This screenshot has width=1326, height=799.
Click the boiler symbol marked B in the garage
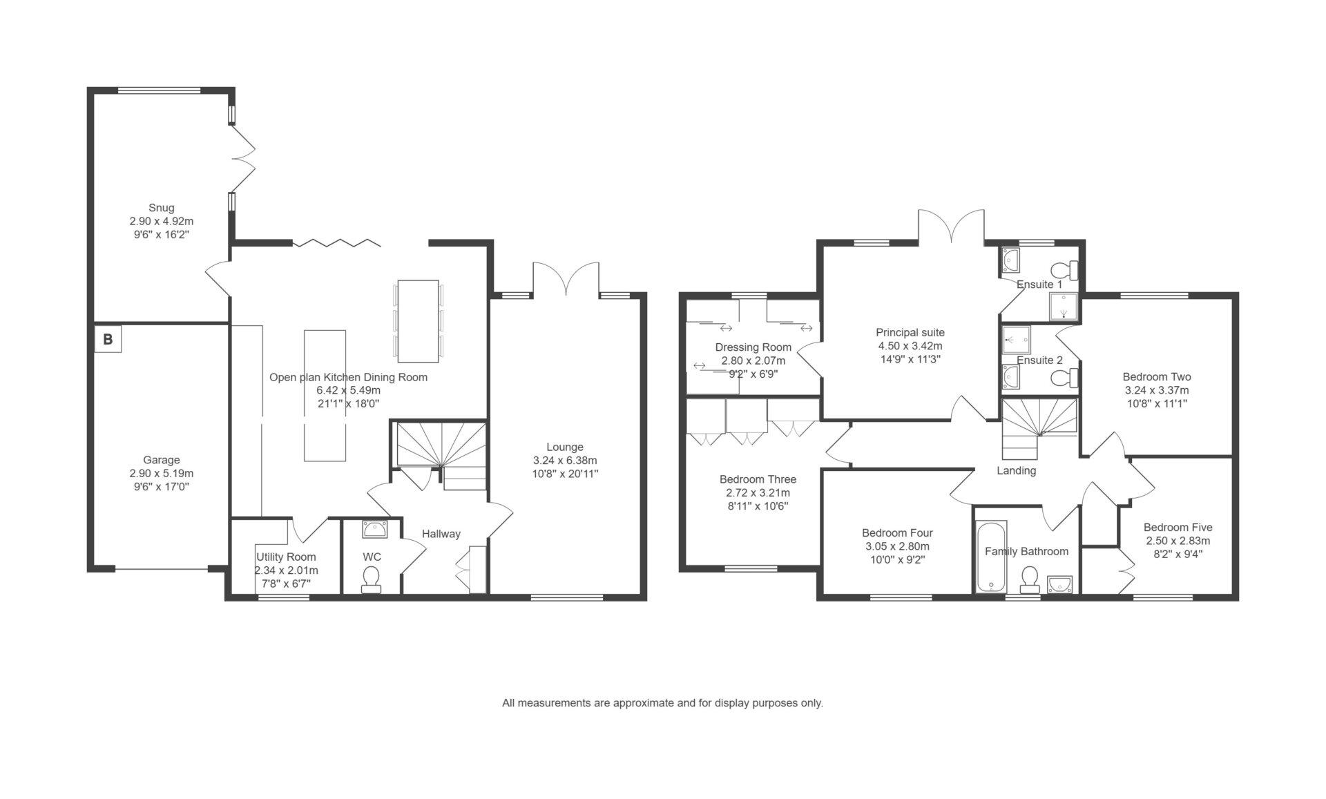tap(108, 339)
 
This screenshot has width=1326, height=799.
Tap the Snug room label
tap(162, 208)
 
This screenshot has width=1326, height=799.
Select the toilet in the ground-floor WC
tap(372, 579)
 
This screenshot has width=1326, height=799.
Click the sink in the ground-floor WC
tap(375, 530)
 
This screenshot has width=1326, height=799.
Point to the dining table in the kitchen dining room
tap(418, 321)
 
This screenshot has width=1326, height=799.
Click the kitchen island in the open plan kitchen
tap(325, 396)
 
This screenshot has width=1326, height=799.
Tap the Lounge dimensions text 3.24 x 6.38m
tap(565, 461)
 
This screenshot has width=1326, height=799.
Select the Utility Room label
tap(286, 557)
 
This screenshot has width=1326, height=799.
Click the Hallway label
tap(441, 534)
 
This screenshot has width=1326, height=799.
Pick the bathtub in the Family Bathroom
tap(992, 557)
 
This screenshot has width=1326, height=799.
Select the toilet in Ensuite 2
tap(1064, 378)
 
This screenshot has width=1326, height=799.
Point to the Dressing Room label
tap(753, 347)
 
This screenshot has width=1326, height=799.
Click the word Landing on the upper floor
tap(1017, 471)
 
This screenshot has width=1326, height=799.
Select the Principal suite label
tap(910, 333)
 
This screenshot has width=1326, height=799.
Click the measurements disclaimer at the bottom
tap(663, 704)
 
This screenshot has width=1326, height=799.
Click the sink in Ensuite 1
tap(1011, 261)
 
